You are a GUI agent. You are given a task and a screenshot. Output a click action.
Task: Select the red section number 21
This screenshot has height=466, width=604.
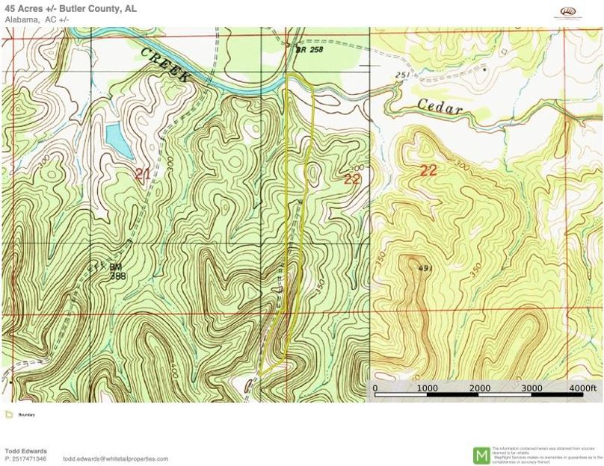coord(143,174)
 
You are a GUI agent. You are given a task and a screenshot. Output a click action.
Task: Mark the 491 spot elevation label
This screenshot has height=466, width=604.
coord(425,269)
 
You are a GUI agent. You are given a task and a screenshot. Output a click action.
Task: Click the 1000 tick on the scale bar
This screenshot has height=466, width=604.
coord(427,388)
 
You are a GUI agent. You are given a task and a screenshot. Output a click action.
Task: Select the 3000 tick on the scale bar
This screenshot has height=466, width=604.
coord(531,388)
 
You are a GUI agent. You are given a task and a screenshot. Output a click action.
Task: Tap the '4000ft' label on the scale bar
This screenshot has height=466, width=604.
coord(582,388)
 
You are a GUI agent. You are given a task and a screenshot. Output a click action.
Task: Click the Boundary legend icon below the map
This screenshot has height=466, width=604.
coord(8,414)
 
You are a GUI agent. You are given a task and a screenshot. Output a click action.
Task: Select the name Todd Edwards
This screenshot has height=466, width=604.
coord(25,451)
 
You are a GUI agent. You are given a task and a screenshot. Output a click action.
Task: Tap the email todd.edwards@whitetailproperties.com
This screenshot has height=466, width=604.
coord(115,459)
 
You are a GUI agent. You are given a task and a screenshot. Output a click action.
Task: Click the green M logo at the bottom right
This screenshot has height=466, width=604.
coord(482,453)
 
